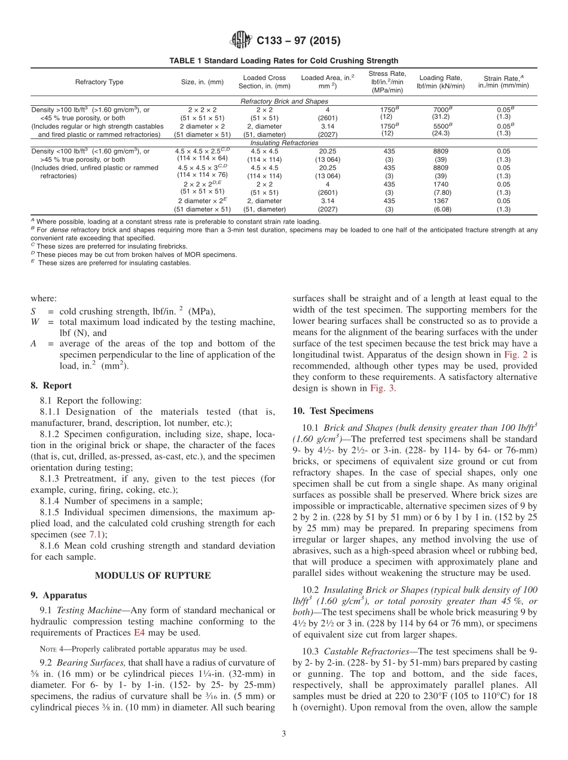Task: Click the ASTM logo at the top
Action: point(242,41)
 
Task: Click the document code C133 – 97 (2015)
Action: point(298,41)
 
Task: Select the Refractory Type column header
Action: point(99,82)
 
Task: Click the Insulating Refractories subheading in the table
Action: point(283,143)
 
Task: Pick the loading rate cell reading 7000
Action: point(440,110)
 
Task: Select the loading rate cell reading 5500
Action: point(440,126)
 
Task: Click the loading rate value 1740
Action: point(440,185)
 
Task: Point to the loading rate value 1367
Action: point(440,201)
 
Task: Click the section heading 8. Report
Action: point(51,385)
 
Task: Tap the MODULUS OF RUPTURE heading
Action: point(153,575)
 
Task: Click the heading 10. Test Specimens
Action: point(332,410)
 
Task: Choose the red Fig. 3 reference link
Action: point(382,388)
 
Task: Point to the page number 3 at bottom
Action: point(283,734)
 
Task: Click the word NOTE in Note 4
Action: point(47,649)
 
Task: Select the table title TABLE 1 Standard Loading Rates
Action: point(283,61)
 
